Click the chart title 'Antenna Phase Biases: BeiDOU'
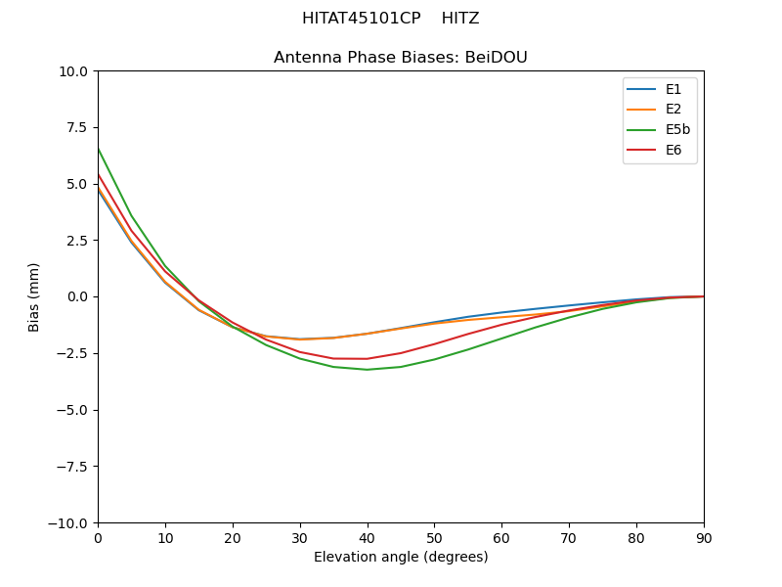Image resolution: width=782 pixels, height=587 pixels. click(x=401, y=58)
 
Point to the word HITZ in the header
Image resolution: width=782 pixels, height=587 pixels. click(x=460, y=19)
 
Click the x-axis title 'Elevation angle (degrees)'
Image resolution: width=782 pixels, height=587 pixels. click(x=401, y=558)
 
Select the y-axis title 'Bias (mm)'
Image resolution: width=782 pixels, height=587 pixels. click(x=34, y=296)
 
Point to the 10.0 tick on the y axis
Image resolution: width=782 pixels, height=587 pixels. click(x=73, y=70)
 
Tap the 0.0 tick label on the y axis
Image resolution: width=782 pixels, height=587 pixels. click(x=77, y=296)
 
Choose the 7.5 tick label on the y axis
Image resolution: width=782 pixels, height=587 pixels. click(x=77, y=127)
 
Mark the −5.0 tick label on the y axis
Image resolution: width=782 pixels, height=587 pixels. click(x=72, y=410)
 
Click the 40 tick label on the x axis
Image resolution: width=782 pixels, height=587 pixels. click(x=368, y=538)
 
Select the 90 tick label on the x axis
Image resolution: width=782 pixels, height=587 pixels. click(x=704, y=538)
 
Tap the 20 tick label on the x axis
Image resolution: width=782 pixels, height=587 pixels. click(x=233, y=538)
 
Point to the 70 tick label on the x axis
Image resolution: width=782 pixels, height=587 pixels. click(x=569, y=538)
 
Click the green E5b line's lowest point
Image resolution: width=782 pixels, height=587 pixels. click(x=368, y=370)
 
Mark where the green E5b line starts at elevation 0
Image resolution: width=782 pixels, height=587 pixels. click(x=98, y=148)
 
